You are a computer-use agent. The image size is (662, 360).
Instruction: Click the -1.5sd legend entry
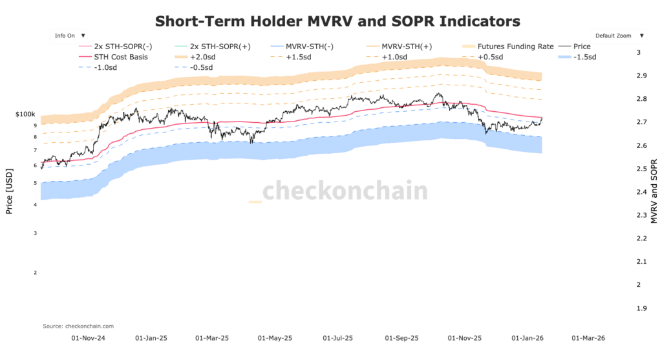[x=584, y=57]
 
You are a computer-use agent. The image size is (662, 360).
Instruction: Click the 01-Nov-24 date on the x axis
[x=87, y=337]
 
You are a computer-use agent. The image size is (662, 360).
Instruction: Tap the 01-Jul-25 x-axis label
[x=338, y=337]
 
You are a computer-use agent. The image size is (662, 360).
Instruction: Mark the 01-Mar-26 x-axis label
[x=588, y=337]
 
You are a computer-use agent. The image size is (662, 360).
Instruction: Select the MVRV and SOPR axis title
[x=654, y=191]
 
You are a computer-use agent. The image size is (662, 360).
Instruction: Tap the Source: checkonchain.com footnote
[x=78, y=326]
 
